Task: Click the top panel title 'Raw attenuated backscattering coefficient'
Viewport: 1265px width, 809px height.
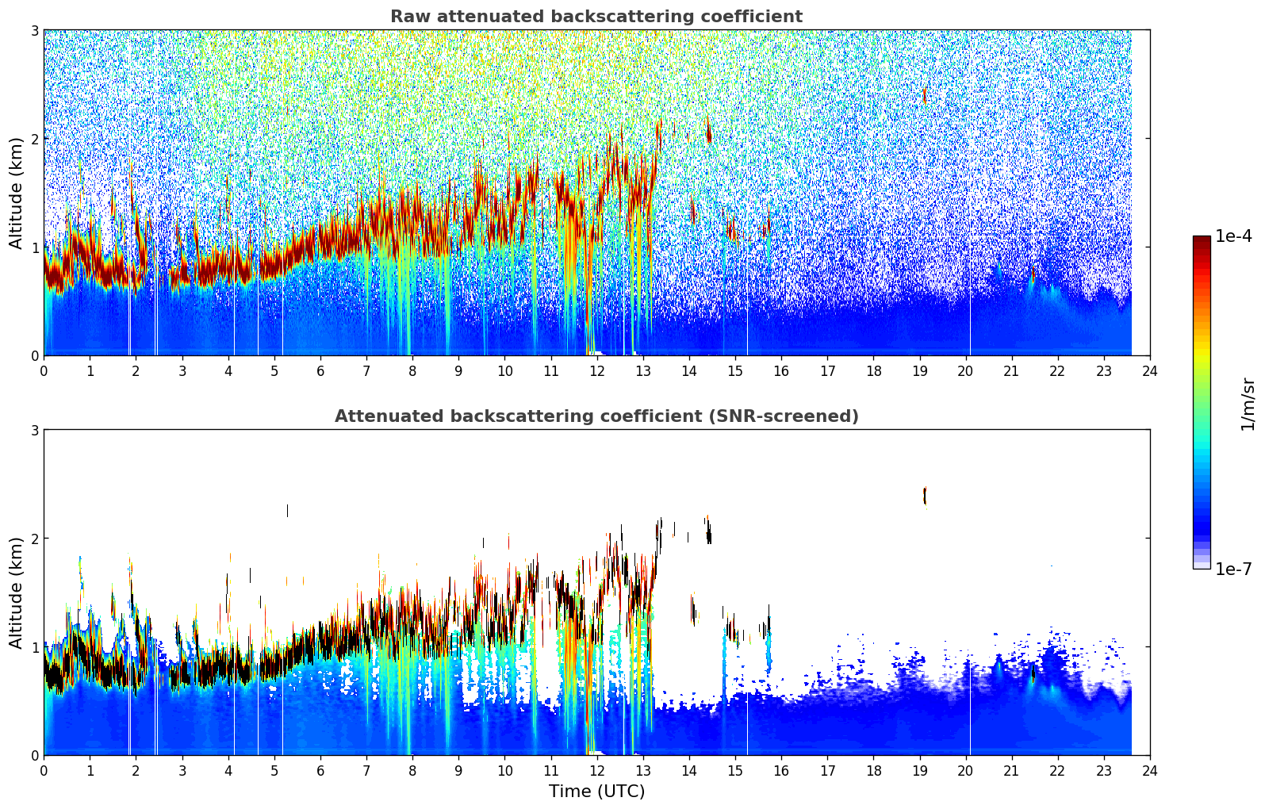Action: coord(596,17)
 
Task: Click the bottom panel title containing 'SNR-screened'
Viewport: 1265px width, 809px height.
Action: coord(596,416)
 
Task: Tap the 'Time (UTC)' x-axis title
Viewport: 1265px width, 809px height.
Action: coord(596,791)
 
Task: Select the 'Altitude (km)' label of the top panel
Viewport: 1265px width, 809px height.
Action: coord(16,193)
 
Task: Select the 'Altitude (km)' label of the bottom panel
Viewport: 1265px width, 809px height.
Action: coord(16,592)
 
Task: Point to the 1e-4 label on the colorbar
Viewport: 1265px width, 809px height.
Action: coord(1233,236)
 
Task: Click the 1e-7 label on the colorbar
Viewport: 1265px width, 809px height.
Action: coord(1233,569)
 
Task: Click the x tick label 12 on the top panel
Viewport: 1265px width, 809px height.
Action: coord(596,370)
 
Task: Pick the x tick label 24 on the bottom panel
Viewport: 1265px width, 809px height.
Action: coord(1149,770)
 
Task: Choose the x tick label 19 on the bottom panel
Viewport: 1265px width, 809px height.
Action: coord(919,770)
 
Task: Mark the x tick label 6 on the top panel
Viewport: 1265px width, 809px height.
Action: coord(320,370)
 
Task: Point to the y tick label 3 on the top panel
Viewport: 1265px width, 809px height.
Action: coord(34,30)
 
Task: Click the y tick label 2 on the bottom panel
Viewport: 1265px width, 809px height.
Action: coord(34,539)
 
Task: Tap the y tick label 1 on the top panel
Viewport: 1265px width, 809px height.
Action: coord(34,247)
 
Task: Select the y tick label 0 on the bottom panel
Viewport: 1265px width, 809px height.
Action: coord(34,755)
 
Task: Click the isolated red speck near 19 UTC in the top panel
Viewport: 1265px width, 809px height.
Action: coord(924,95)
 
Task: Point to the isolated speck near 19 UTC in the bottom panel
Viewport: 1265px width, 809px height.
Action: coord(925,496)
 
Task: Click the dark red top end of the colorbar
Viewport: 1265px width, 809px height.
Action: coord(1201,240)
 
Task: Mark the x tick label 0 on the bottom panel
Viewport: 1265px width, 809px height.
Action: coord(44,770)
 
